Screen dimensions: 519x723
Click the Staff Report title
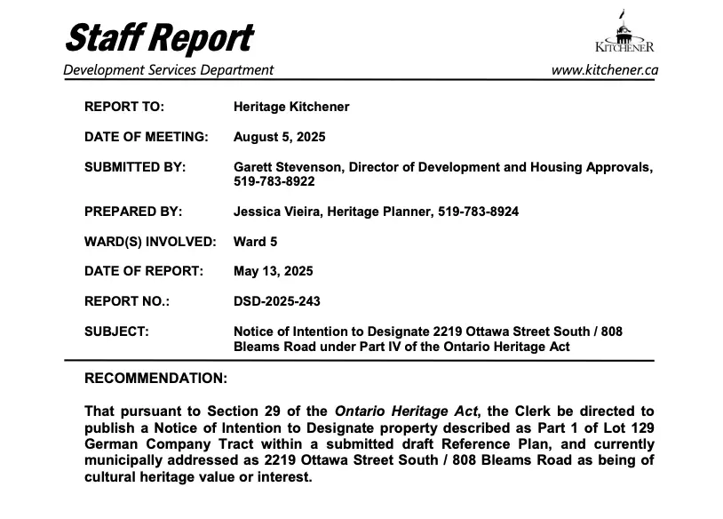click(158, 37)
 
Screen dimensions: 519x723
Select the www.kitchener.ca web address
click(604, 70)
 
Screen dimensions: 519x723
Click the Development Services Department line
click(169, 70)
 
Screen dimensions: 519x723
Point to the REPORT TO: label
click(124, 107)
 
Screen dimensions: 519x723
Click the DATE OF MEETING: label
click(146, 137)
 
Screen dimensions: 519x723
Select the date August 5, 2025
click(279, 137)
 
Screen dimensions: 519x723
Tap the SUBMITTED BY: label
click(135, 167)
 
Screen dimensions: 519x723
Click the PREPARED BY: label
click(133, 212)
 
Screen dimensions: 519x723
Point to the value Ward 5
click(256, 241)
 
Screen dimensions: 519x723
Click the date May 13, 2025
click(273, 271)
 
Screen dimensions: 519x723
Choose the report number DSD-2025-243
click(277, 301)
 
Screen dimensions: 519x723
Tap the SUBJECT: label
click(116, 331)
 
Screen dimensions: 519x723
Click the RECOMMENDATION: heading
click(155, 379)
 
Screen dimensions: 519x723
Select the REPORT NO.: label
click(127, 301)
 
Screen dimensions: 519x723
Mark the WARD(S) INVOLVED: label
click(150, 241)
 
